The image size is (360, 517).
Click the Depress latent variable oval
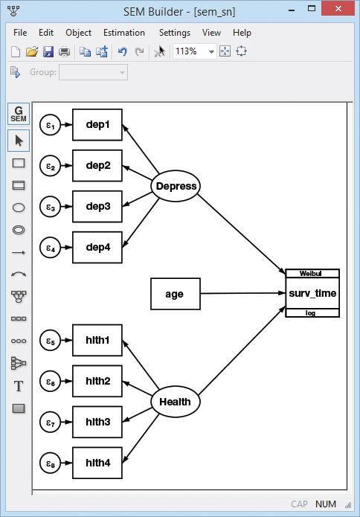(176, 186)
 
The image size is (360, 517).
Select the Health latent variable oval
(176, 402)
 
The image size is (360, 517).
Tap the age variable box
(176, 294)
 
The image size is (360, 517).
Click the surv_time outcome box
(312, 293)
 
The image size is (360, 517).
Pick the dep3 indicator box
(97, 206)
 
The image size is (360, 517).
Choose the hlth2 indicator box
(97, 381)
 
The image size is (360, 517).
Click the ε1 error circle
(50, 125)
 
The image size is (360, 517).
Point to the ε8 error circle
(50, 463)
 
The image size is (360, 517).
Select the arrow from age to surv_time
(242, 293)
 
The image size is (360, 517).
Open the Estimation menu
(124, 33)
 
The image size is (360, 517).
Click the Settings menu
(175, 33)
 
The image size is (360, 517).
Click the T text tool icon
(19, 386)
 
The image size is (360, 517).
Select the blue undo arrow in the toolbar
(123, 51)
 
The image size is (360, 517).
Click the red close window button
(338, 9)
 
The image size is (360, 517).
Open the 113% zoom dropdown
(211, 51)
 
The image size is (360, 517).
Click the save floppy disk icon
(48, 51)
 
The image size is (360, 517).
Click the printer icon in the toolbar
(64, 52)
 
